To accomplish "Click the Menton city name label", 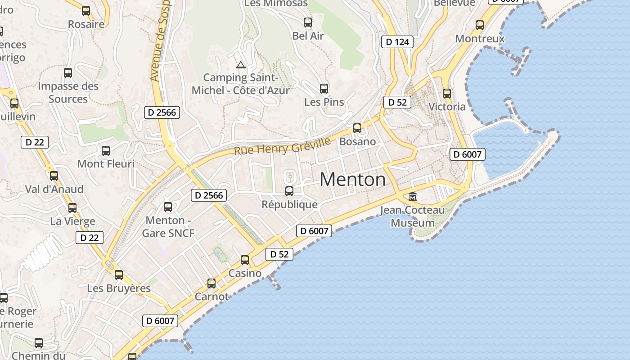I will [x=353, y=180].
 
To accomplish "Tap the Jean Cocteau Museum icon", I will [x=413, y=196].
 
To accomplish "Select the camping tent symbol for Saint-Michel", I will [x=241, y=65].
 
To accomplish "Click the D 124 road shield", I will [x=397, y=42].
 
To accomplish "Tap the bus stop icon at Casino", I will [x=245, y=260].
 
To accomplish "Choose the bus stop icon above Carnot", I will [x=211, y=283].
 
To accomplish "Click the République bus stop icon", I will [x=289, y=191].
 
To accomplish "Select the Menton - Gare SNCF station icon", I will [x=168, y=207].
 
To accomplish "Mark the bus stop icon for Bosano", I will [x=357, y=128].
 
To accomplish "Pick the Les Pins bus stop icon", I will [x=324, y=89].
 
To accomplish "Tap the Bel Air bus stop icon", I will [x=308, y=22].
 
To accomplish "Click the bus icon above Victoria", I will [x=447, y=94].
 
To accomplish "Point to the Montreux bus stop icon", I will [x=480, y=25].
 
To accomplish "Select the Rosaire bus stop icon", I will [x=86, y=11].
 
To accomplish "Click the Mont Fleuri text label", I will [x=106, y=164].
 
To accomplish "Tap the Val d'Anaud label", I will [x=54, y=189].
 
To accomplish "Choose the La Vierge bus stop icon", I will [x=72, y=208].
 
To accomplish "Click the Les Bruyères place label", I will [x=119, y=288].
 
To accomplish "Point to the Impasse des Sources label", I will [x=68, y=92].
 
